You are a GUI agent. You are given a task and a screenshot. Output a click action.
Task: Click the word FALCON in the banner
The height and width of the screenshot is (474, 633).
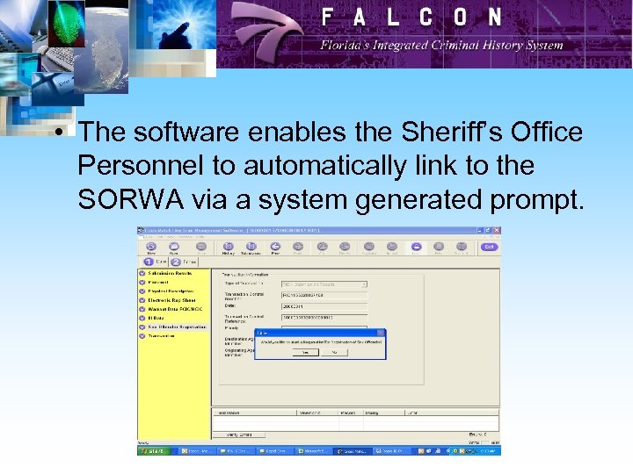411,17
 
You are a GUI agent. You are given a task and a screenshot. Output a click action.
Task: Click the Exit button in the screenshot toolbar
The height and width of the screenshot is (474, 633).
488,247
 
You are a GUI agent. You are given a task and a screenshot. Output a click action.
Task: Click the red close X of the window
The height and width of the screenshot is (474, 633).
496,231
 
